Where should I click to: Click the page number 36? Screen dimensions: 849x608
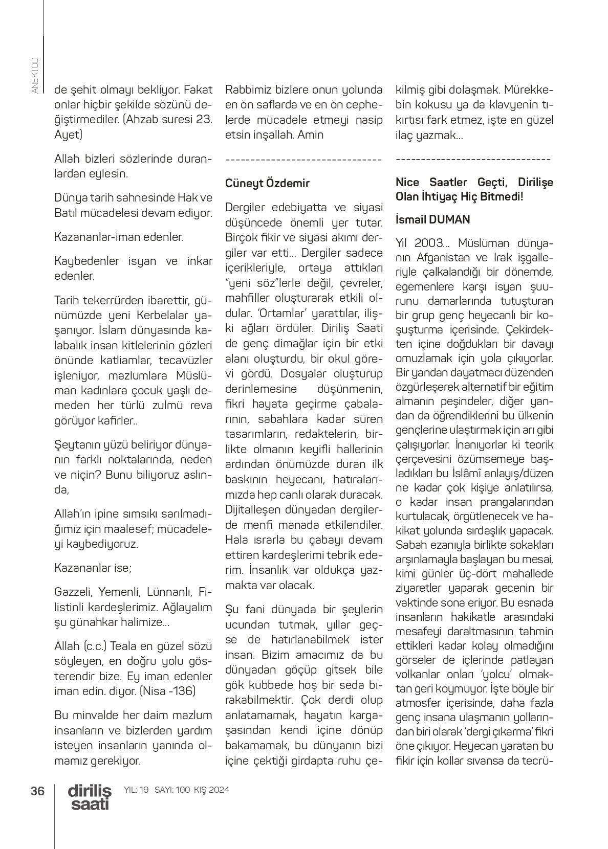click(x=37, y=791)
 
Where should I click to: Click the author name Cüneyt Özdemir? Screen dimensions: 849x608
click(x=267, y=183)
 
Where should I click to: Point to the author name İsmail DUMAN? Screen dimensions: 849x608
click(x=432, y=219)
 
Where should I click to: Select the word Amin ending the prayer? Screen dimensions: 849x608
click(x=310, y=135)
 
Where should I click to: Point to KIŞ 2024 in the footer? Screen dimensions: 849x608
click(x=211, y=790)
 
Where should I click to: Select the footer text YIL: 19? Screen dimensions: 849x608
click(x=136, y=790)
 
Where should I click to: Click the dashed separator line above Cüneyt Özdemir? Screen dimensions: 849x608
click(x=303, y=160)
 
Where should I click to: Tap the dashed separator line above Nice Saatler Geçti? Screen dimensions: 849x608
click(x=473, y=160)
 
